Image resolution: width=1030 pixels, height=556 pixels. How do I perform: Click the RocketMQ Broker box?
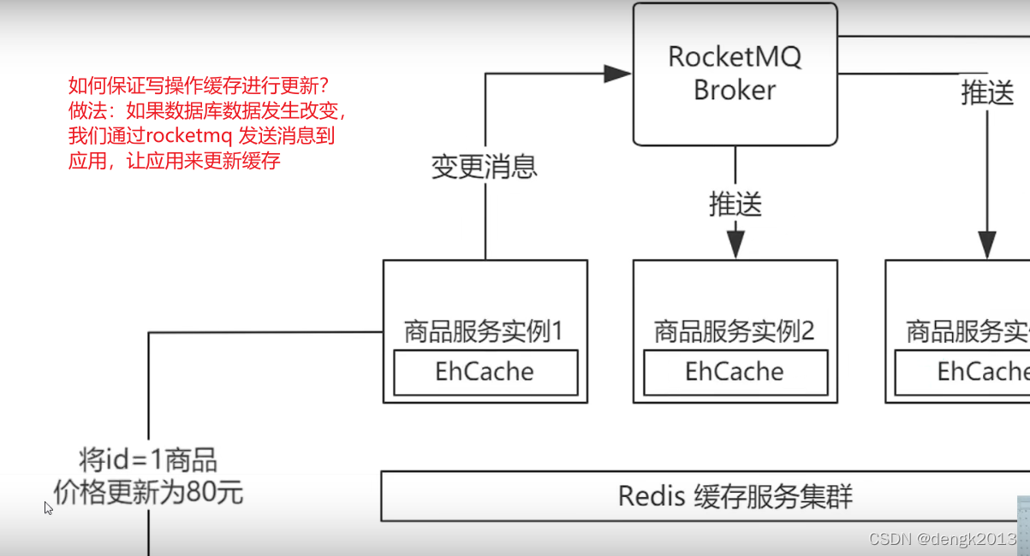tap(735, 74)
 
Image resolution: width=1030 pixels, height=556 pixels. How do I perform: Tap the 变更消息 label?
tap(484, 166)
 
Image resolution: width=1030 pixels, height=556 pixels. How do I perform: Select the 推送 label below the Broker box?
tap(735, 204)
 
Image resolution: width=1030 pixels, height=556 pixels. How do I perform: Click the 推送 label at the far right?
tap(987, 93)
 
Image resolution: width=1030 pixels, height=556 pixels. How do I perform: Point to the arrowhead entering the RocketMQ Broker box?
tap(617, 74)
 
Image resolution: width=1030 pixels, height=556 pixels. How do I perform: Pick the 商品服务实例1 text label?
tap(484, 331)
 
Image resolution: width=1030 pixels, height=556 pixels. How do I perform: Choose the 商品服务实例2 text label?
tap(734, 331)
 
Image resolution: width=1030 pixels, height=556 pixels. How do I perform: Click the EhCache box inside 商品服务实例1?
tap(485, 372)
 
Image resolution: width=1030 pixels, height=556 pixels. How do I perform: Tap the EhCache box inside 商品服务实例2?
tap(735, 372)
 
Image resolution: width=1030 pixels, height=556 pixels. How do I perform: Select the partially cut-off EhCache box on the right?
tap(962, 372)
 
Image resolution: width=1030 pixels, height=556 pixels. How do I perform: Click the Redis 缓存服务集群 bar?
tap(705, 496)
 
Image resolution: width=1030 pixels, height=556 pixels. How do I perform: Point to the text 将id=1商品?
tap(148, 460)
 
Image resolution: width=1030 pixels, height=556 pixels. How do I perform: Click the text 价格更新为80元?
tap(148, 492)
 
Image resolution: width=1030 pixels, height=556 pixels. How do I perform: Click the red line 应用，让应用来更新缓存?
tap(175, 160)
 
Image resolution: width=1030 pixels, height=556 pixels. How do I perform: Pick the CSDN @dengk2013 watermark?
tap(942, 539)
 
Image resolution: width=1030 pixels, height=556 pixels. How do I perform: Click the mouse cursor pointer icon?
tap(48, 507)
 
